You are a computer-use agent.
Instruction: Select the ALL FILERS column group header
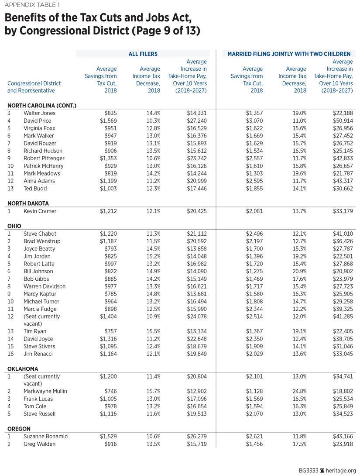pyautogui.click(x=143, y=54)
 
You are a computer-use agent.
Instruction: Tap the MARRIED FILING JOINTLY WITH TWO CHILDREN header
pyautogui.click(x=290, y=54)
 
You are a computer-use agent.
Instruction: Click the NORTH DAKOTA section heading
pyautogui.click(x=28, y=203)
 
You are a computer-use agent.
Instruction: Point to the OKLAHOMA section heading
pyautogui.click(x=23, y=368)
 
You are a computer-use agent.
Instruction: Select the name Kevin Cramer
pyautogui.click(x=40, y=211)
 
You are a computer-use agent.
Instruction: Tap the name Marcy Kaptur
pyautogui.click(x=40, y=294)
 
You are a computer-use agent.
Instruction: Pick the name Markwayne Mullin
pyautogui.click(x=45, y=391)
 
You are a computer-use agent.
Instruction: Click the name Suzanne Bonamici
pyautogui.click(x=46, y=437)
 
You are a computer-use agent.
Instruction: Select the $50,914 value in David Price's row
pyautogui.click(x=342, y=121)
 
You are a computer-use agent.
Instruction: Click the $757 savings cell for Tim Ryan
pyautogui.click(x=110, y=331)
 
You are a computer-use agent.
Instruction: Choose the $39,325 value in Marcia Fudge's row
pyautogui.click(x=342, y=309)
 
